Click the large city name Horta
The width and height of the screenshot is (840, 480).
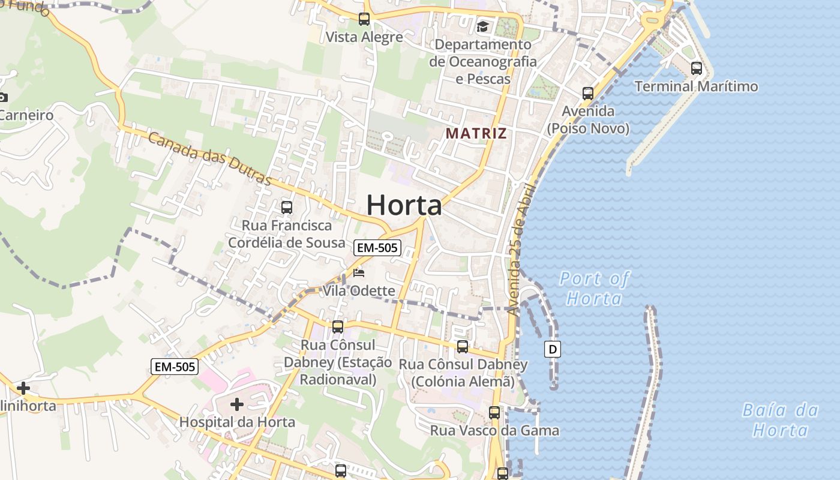[404, 206]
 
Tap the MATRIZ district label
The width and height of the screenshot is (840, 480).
[476, 133]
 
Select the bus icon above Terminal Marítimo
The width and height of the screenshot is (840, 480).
[696, 68]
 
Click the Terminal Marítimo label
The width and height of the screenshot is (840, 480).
[696, 86]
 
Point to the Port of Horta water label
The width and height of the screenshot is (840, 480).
[594, 288]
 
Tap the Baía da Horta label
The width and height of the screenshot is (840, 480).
[780, 420]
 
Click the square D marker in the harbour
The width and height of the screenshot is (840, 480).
[553, 349]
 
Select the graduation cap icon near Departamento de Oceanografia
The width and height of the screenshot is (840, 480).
[482, 26]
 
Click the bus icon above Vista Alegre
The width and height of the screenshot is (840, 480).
[364, 19]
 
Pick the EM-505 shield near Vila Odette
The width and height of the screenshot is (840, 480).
[377, 248]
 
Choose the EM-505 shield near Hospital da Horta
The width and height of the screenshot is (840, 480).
[174, 367]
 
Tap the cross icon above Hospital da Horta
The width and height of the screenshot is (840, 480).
[237, 404]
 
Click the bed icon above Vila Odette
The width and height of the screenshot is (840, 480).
[359, 274]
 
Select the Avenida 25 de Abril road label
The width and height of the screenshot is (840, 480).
[520, 249]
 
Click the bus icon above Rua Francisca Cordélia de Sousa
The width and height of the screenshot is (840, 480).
[287, 208]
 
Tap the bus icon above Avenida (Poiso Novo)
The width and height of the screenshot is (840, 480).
[588, 94]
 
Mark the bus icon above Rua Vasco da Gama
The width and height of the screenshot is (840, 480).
[494, 413]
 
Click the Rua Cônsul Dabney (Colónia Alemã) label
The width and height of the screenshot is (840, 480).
[463, 373]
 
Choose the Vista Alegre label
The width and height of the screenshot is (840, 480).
[364, 37]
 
